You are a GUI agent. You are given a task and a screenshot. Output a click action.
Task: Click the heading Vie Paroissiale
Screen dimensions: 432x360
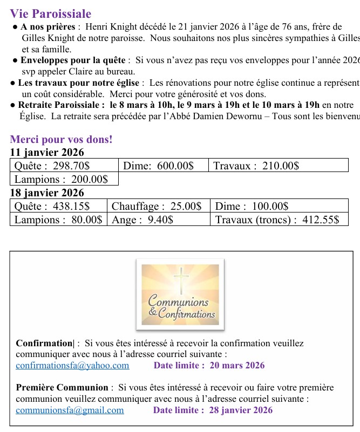click(51, 14)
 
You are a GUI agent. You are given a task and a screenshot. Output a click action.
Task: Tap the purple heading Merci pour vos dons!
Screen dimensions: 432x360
click(62, 139)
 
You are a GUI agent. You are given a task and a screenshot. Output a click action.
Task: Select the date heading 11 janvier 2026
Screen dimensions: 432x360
click(47, 153)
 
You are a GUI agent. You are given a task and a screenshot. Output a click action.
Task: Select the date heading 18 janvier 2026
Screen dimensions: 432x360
click(47, 193)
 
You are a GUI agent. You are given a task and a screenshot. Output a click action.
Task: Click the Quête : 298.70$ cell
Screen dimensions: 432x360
click(52, 166)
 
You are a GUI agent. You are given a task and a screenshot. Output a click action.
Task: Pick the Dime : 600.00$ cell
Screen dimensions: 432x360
click(158, 166)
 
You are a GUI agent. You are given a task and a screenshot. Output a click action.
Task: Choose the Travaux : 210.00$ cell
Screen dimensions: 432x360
click(256, 166)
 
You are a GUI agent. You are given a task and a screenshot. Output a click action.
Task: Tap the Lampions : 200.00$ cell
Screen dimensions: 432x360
click(61, 179)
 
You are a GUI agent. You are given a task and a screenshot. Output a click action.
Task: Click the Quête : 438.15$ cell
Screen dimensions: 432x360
click(52, 206)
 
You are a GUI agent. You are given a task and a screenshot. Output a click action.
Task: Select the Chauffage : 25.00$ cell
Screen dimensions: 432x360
click(157, 206)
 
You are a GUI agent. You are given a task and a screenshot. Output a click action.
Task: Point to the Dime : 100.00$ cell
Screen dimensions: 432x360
click(252, 206)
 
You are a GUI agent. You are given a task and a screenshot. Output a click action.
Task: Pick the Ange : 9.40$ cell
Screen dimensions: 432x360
click(142, 220)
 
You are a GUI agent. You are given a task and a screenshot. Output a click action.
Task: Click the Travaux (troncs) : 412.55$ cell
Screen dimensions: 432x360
click(277, 220)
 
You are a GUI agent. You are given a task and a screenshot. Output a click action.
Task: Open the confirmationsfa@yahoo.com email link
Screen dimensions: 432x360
click(72, 365)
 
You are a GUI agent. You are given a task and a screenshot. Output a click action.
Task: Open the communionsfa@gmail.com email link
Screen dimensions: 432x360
click(70, 410)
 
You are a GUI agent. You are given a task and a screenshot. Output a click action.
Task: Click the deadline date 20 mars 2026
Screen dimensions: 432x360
click(237, 365)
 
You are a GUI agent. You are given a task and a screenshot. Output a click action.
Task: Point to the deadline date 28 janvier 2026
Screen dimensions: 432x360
click(241, 410)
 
